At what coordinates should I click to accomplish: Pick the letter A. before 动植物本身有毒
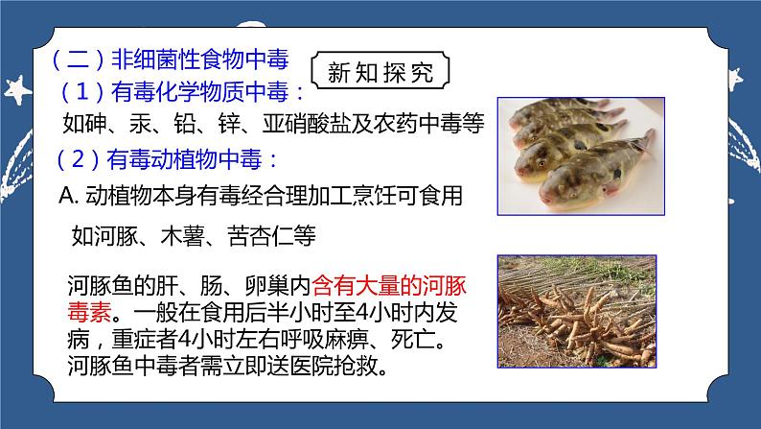[67, 196]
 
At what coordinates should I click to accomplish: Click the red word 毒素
[89, 312]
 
